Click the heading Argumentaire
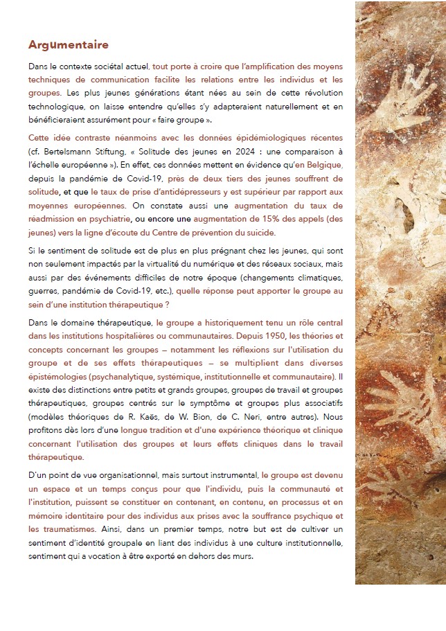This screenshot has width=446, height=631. click(69, 45)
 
